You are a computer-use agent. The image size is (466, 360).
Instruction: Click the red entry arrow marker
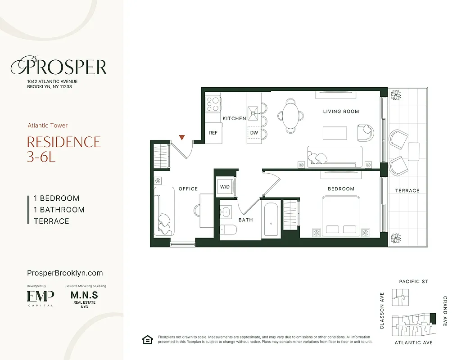(182, 137)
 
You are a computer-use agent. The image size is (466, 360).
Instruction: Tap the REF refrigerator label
(213, 133)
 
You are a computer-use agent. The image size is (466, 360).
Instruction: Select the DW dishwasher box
(254, 133)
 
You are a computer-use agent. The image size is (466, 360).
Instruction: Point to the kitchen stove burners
(213, 104)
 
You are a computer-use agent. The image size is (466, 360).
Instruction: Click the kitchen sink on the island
(253, 110)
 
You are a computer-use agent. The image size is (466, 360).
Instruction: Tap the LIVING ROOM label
(341, 111)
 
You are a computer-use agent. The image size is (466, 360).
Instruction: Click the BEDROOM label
(341, 189)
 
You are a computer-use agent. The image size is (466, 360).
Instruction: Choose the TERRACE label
(407, 191)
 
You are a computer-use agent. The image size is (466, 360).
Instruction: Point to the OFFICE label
(188, 189)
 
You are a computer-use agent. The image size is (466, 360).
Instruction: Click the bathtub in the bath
(271, 219)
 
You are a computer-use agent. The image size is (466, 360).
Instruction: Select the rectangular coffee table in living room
(335, 133)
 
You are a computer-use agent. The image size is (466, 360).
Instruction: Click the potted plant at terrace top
(396, 95)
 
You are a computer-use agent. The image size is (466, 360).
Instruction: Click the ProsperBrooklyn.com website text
(65, 273)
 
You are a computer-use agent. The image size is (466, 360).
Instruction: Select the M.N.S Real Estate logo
(84, 297)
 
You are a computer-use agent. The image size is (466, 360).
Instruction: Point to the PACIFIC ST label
(413, 282)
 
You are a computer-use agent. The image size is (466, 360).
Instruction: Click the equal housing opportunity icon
(147, 340)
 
